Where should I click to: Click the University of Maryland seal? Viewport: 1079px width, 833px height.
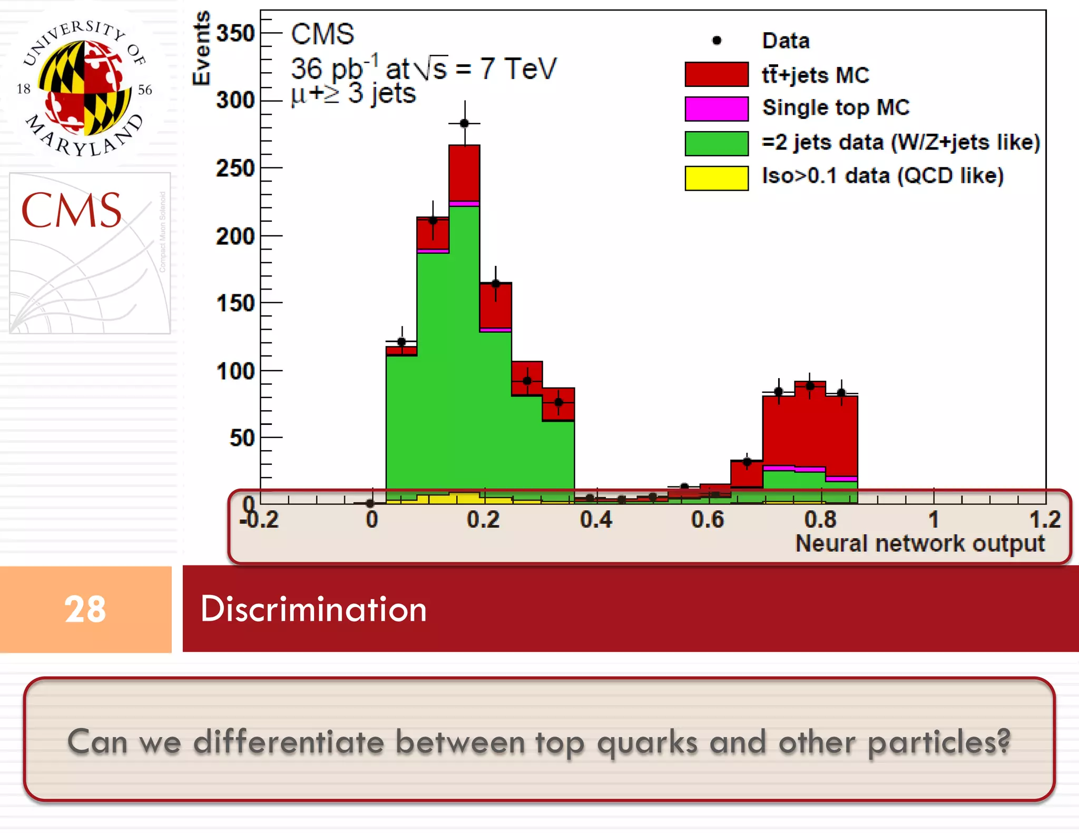(x=84, y=87)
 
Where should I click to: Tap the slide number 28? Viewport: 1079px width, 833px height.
(x=85, y=609)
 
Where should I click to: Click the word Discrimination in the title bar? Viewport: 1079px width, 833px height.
(x=313, y=609)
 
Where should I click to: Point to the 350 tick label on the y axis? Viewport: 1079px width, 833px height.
(x=236, y=33)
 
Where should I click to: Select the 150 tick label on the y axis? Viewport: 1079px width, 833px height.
(x=236, y=303)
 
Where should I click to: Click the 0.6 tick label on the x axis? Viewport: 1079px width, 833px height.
(x=707, y=520)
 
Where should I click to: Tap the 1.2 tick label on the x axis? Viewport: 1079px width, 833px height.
(x=1044, y=520)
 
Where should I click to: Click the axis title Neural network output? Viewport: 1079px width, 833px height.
(x=919, y=543)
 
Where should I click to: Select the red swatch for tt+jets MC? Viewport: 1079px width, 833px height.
(x=716, y=74)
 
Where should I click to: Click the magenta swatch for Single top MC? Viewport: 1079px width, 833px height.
(x=716, y=108)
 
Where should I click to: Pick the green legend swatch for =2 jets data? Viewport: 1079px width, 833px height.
(x=716, y=143)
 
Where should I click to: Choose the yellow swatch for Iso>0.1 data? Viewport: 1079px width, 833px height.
(x=716, y=177)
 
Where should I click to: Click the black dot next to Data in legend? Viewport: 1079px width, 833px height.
(x=717, y=41)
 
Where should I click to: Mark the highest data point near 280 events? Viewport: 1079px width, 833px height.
(x=464, y=123)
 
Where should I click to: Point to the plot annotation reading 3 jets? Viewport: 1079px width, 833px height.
(x=381, y=94)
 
